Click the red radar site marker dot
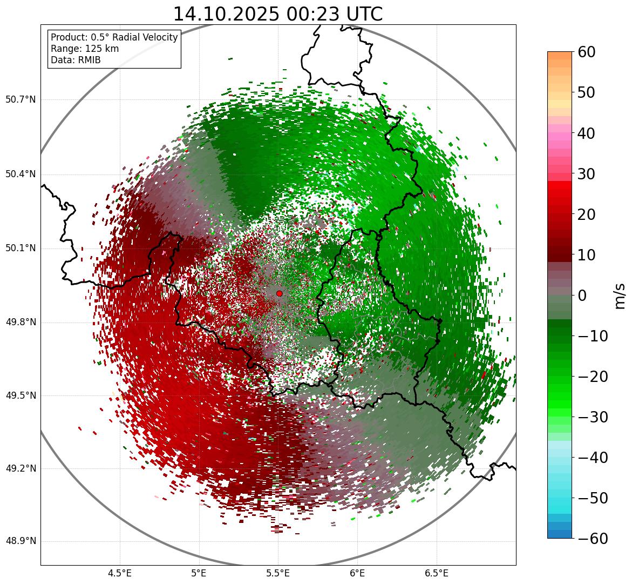point(279,293)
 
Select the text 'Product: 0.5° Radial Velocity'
point(114,37)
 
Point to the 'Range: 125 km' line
point(85,49)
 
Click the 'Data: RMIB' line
point(76,60)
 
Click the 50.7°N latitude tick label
point(21,100)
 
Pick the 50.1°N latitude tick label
point(21,249)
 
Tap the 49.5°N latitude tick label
point(21,396)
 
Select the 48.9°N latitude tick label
point(21,542)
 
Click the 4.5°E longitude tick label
point(120,573)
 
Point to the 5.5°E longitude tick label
point(278,573)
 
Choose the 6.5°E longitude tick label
point(436,573)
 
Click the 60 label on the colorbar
point(587,52)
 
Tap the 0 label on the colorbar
point(582,296)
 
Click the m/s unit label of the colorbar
point(620,296)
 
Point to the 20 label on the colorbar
point(587,214)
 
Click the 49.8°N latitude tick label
point(21,323)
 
